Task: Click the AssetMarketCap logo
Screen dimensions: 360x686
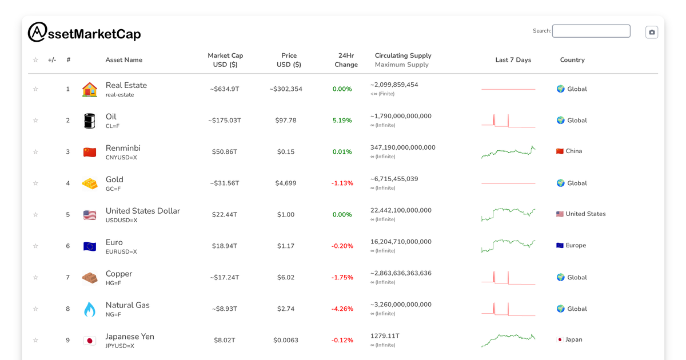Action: pos(84,33)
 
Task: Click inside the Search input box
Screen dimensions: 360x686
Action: pos(591,31)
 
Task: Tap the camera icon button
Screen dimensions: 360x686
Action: pos(652,32)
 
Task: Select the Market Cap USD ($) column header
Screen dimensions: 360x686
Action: pos(225,60)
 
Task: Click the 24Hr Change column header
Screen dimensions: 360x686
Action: pos(346,60)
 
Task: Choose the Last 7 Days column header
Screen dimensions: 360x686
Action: pos(513,60)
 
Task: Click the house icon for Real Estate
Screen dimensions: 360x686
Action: pos(90,89)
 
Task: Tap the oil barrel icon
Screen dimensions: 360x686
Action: pos(90,121)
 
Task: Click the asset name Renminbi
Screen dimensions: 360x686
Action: pos(123,148)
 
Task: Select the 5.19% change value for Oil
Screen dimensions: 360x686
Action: pos(342,121)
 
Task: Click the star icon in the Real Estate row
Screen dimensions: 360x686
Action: pos(35,89)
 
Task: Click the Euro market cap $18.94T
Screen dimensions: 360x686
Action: pos(225,246)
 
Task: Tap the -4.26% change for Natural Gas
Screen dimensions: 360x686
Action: pos(342,309)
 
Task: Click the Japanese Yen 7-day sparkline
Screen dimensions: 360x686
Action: pos(508,340)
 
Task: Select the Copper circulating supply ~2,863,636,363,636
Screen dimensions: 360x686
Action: pos(401,273)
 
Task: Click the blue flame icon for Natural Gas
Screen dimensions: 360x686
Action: pos(90,309)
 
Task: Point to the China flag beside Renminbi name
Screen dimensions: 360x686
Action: pos(90,152)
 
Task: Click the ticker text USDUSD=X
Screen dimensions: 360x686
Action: pos(121,221)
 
